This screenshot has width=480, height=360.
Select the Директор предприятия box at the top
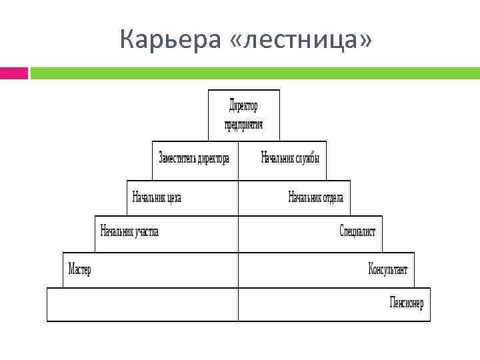(x=243, y=115)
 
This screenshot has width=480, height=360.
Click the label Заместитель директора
(x=194, y=159)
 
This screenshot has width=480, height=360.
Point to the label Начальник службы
(x=289, y=159)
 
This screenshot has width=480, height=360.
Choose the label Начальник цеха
(x=157, y=197)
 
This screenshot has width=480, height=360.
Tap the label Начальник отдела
(x=315, y=197)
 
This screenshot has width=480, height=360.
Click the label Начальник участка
(x=129, y=231)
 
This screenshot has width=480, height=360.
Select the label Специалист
(x=357, y=231)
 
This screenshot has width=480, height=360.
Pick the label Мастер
(x=80, y=269)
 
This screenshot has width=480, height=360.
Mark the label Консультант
(x=387, y=269)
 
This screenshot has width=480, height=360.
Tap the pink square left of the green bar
(x=13, y=73)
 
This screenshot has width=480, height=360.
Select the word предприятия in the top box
(x=243, y=124)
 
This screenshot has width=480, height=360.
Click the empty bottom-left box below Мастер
(x=142, y=304)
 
